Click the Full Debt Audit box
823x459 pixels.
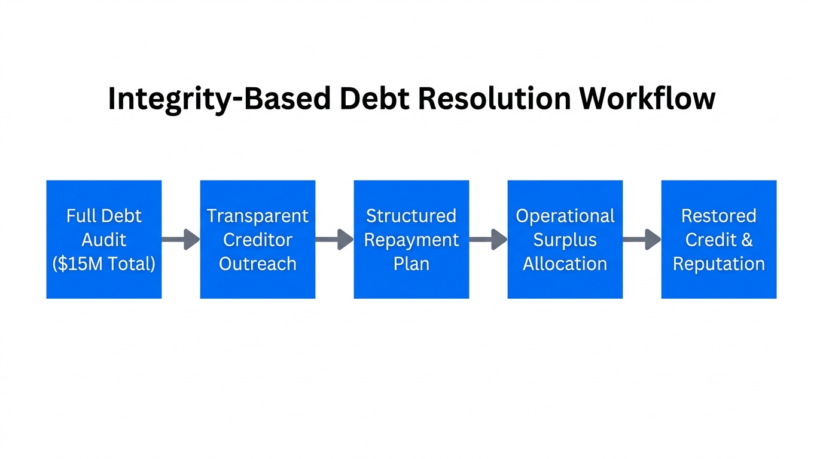(104, 239)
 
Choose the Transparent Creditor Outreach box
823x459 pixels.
(257, 239)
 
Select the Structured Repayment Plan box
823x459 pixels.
(411, 239)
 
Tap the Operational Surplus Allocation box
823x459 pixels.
(565, 239)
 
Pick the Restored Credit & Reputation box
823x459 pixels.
(719, 239)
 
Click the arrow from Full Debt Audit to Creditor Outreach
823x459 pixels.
(181, 239)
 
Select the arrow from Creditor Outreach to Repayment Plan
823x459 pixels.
(334, 239)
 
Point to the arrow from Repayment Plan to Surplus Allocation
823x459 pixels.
(488, 239)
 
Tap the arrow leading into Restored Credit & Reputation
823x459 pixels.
(642, 239)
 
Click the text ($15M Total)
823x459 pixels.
(104, 264)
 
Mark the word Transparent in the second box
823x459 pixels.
(257, 216)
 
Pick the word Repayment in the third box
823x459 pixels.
(411, 240)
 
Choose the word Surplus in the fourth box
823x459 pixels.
(565, 240)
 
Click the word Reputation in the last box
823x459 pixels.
(719, 264)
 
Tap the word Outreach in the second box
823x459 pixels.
(257, 264)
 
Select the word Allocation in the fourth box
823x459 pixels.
(565, 264)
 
